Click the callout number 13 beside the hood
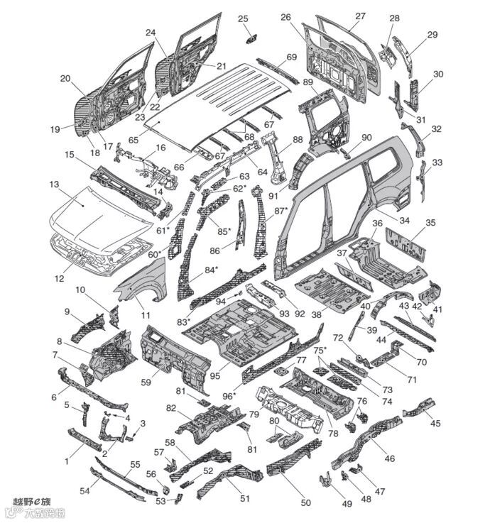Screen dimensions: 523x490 click(x=54, y=185)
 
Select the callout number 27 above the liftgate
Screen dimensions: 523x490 click(x=360, y=16)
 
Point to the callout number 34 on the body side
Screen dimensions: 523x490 click(x=404, y=221)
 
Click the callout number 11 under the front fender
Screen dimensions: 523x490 click(x=145, y=314)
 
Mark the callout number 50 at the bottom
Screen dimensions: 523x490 click(x=306, y=502)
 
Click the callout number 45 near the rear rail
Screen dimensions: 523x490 click(x=435, y=423)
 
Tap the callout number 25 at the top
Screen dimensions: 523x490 click(x=243, y=18)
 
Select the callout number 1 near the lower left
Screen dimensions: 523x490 click(x=67, y=461)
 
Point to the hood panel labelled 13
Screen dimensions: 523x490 click(x=92, y=213)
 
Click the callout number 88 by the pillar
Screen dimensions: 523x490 click(x=297, y=139)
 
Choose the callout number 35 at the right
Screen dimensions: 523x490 click(x=430, y=222)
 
